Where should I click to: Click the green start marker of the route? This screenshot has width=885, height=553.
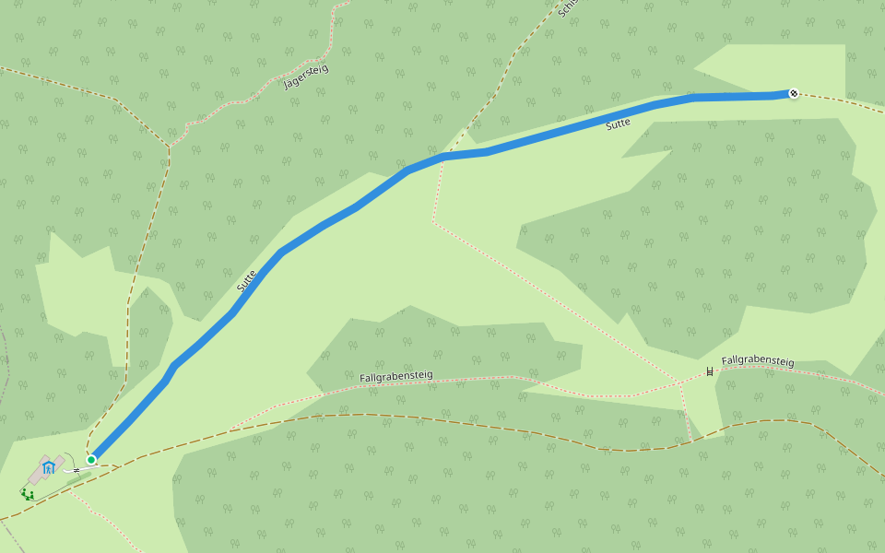click(91, 459)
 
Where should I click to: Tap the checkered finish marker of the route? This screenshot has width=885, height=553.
click(794, 93)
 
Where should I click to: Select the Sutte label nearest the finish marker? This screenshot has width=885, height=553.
click(619, 124)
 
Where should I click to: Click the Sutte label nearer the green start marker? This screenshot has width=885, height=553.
click(246, 281)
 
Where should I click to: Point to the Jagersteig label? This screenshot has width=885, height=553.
click(305, 76)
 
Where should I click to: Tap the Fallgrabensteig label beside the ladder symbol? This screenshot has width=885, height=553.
click(758, 361)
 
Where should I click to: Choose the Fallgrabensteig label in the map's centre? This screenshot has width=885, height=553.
click(395, 376)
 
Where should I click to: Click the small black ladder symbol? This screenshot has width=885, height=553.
click(709, 371)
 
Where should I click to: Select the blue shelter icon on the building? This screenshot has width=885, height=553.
click(49, 467)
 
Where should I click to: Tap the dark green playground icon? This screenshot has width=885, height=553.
click(28, 495)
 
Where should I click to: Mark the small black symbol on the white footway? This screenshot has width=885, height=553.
click(77, 470)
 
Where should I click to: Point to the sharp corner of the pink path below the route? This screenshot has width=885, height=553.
click(433, 221)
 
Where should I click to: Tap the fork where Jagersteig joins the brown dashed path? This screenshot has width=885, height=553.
click(170, 146)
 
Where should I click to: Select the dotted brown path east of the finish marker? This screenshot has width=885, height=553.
click(839, 100)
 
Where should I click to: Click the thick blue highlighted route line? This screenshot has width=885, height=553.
click(323, 226)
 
